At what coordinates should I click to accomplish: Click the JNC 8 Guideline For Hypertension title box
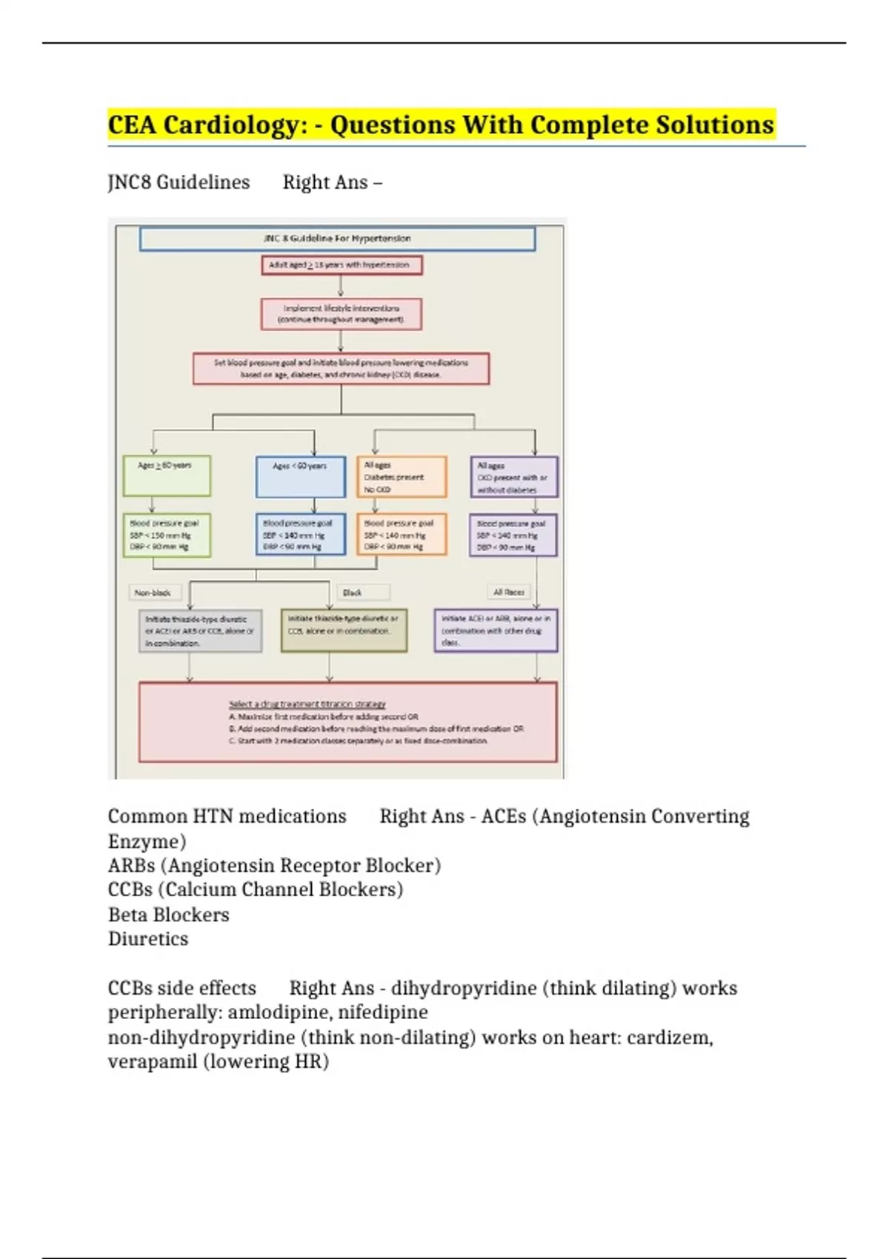337,238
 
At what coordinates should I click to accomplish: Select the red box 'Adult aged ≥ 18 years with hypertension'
342,264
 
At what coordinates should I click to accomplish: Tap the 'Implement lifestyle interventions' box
341,314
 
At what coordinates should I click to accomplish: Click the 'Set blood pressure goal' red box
341,368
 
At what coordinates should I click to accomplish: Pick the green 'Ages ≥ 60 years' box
167,475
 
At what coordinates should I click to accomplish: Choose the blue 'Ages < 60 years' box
300,476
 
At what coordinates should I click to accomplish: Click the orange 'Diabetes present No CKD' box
401,477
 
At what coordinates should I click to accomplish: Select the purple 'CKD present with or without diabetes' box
513,477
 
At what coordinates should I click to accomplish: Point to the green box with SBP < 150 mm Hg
166,535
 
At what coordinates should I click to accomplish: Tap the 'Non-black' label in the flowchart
153,592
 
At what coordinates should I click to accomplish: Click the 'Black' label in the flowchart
353,592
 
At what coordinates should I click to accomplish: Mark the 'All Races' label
509,592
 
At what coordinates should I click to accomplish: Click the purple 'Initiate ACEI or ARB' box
496,630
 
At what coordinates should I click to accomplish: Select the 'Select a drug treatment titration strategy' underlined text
307,704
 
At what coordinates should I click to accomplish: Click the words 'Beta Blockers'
168,915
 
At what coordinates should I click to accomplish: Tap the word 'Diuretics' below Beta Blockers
148,939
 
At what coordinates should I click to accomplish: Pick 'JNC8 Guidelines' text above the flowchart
179,182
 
